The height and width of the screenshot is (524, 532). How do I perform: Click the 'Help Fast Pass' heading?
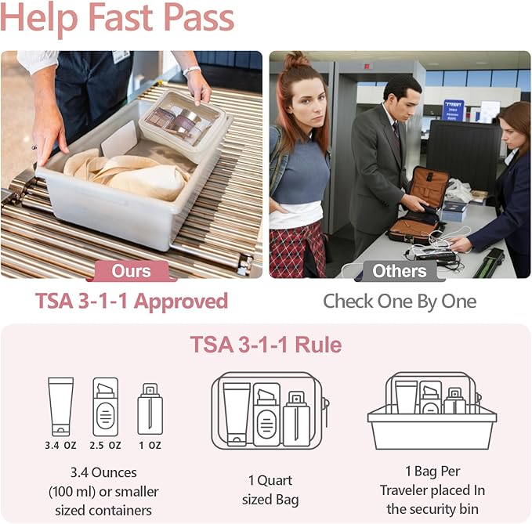118,19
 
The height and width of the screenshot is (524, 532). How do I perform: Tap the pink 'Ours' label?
132,271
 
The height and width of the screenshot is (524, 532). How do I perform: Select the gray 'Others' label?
400,271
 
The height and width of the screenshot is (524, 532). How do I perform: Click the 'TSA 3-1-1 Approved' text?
132,302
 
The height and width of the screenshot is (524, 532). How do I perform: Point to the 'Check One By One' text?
400,302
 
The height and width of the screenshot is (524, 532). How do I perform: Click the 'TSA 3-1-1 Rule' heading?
266,345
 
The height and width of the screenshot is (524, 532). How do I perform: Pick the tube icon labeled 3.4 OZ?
60,406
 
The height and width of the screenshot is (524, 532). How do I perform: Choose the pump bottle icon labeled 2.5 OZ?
105,407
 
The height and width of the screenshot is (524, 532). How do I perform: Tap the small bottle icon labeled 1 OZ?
150,409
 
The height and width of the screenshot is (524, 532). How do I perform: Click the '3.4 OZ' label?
60,445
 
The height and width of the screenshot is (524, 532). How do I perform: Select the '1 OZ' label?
150,445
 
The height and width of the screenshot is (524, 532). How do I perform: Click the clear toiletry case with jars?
185,125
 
